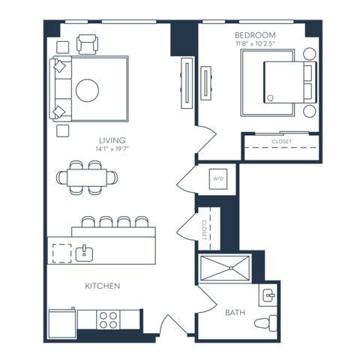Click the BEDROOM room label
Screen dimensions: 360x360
pyautogui.click(x=255, y=35)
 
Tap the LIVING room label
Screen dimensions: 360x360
pyautogui.click(x=112, y=140)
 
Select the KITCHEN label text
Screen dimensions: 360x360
pyautogui.click(x=103, y=286)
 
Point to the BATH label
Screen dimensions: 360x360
pyautogui.click(x=235, y=312)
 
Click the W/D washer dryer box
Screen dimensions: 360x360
pyautogui.click(x=218, y=179)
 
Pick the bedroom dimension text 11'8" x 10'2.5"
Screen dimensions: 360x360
pyautogui.click(x=255, y=44)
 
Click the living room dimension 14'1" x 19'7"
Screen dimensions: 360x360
pyautogui.click(x=112, y=149)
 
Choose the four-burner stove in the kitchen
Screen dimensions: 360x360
pyautogui.click(x=109, y=320)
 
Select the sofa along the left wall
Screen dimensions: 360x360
pyautogui.click(x=59, y=89)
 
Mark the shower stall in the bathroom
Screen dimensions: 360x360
pyautogui.click(x=225, y=268)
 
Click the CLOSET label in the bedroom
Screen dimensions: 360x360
pyautogui.click(x=282, y=141)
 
